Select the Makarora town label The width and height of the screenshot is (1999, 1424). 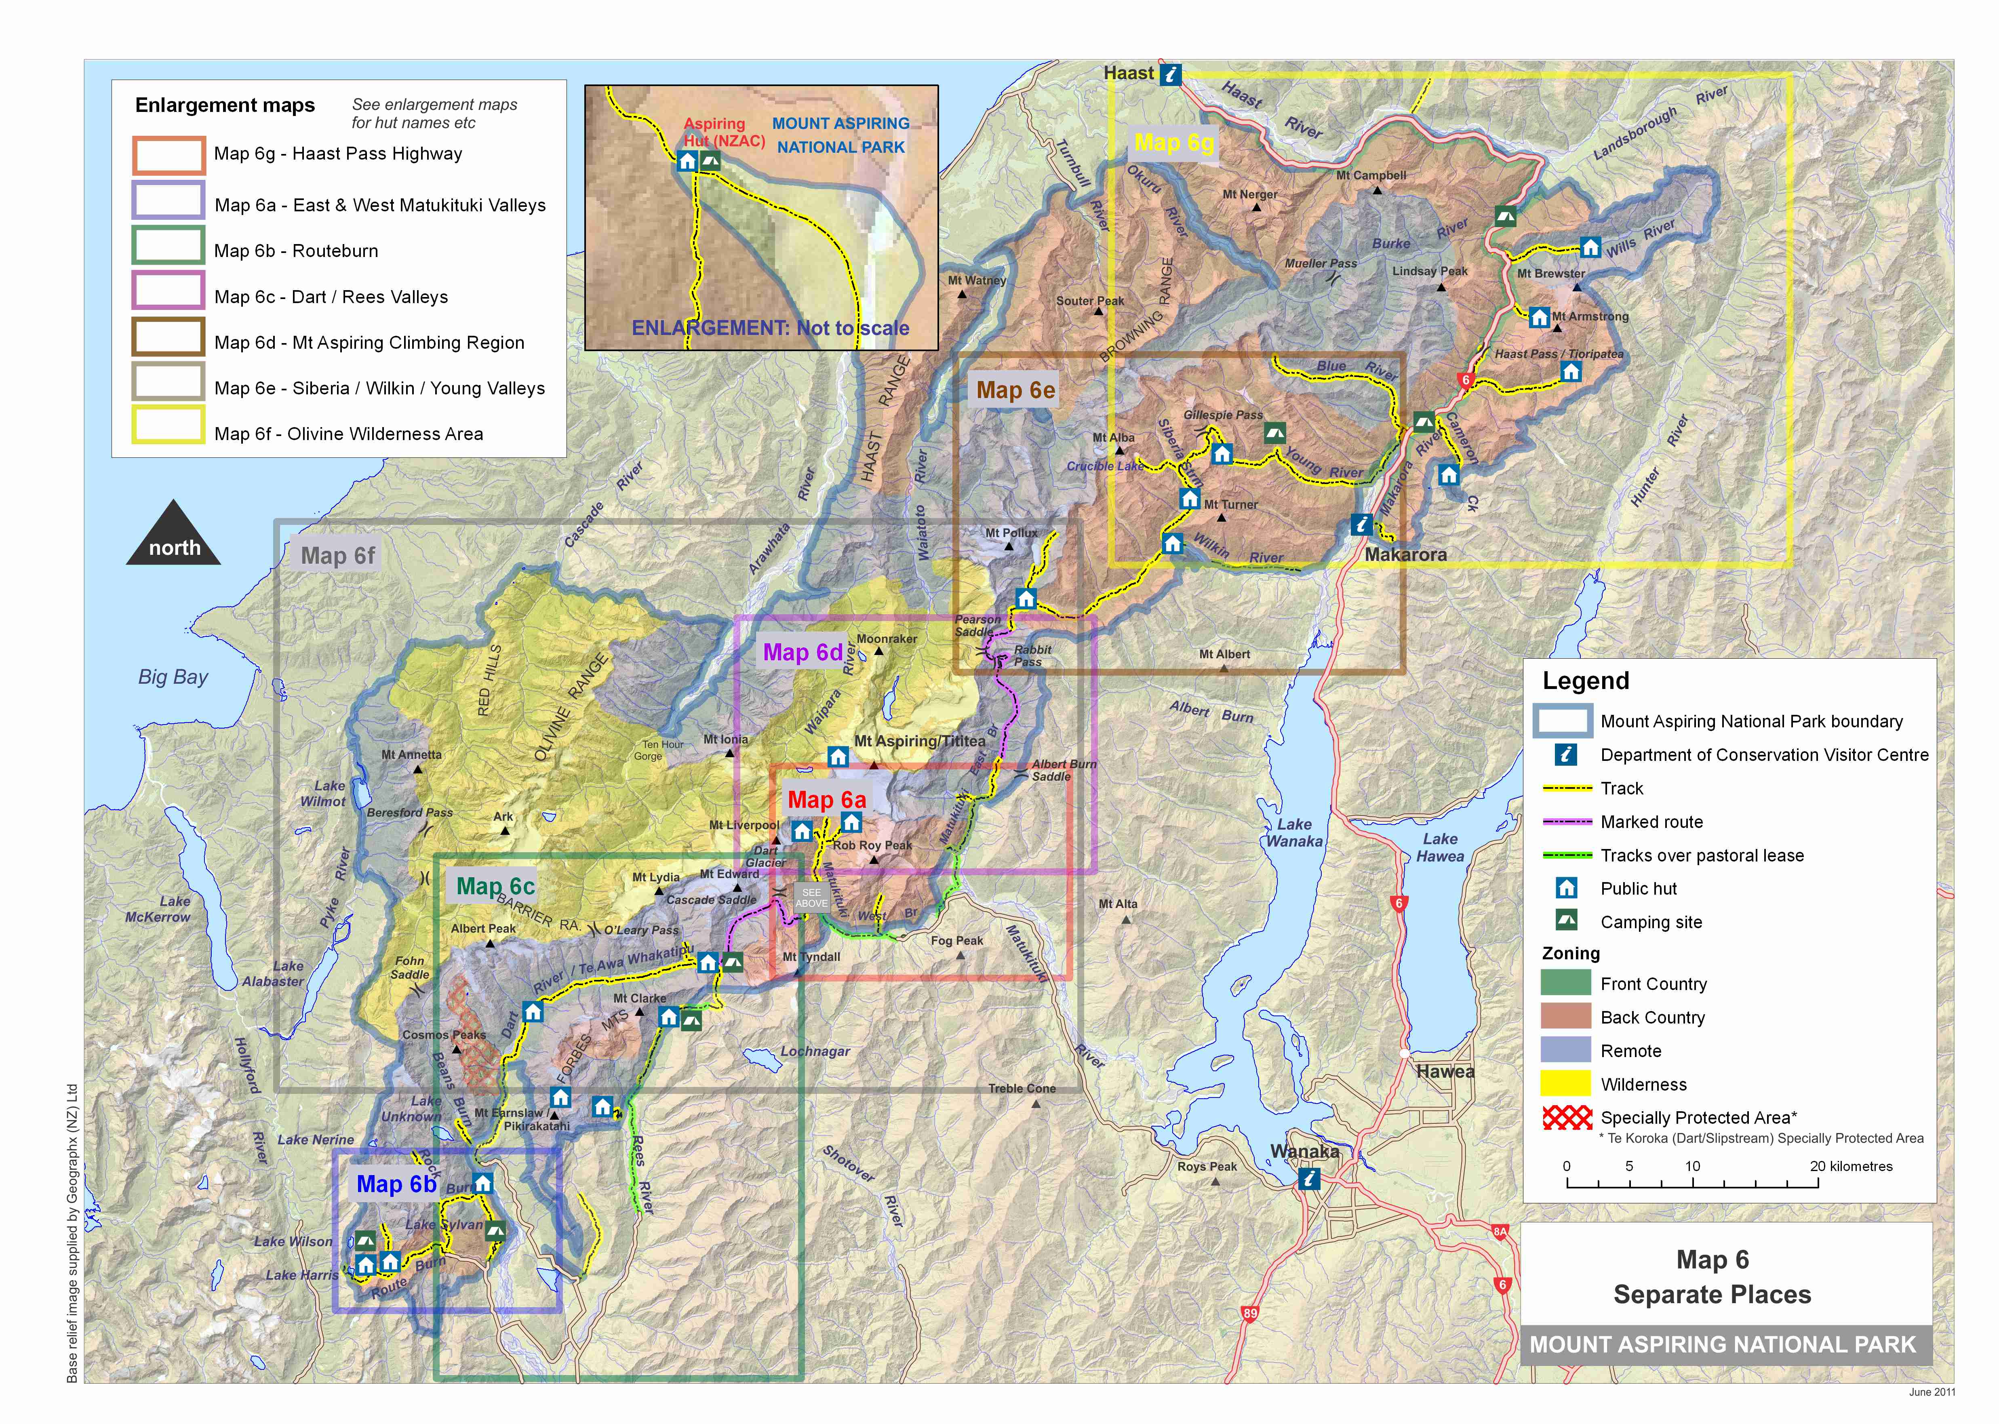point(1405,554)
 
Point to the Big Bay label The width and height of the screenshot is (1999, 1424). point(173,677)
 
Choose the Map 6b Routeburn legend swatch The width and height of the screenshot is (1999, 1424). point(169,246)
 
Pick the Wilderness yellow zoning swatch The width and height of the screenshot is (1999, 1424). point(1565,1084)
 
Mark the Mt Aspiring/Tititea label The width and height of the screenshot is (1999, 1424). point(920,741)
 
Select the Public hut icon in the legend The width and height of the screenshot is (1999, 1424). point(1566,888)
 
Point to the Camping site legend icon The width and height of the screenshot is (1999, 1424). point(1566,921)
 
